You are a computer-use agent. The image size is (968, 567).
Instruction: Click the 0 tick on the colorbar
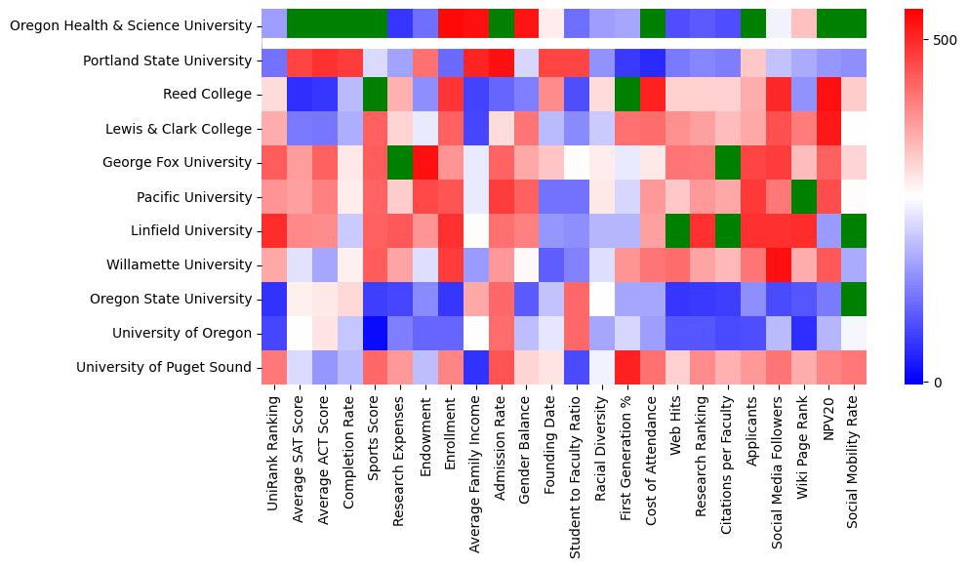(x=938, y=382)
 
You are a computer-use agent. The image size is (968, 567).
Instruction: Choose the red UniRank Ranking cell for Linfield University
(x=274, y=231)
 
